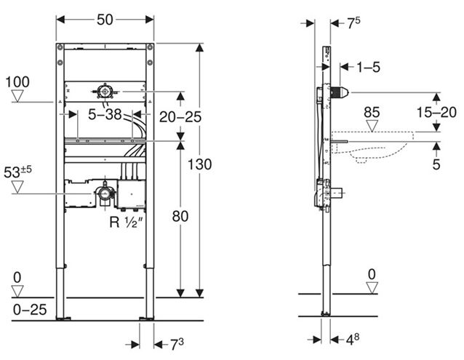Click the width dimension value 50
click(105, 20)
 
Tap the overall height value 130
click(200, 164)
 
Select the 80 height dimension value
click(180, 217)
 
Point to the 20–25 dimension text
click(180, 117)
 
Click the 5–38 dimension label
click(105, 114)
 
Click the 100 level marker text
click(17, 82)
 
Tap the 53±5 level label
click(17, 172)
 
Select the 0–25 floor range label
click(30, 310)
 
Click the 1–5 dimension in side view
click(368, 67)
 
